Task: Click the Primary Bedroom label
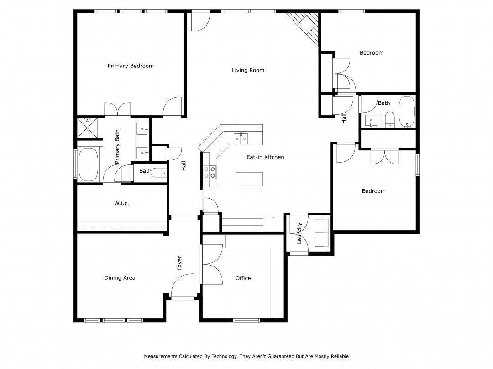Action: (131, 66)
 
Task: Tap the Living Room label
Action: (248, 70)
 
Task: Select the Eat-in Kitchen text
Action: (265, 157)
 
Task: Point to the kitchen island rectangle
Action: (249, 179)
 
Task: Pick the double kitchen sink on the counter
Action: (241, 138)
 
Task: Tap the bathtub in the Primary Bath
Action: (88, 164)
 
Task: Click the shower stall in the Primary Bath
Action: (87, 128)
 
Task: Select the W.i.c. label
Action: (121, 203)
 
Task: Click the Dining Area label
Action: (120, 278)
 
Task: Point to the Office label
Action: (243, 278)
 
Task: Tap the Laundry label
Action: (299, 233)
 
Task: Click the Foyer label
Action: (179, 263)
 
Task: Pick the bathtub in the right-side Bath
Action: (407, 112)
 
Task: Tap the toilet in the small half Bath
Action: (158, 173)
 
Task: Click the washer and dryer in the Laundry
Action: (322, 232)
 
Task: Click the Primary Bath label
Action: (117, 147)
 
